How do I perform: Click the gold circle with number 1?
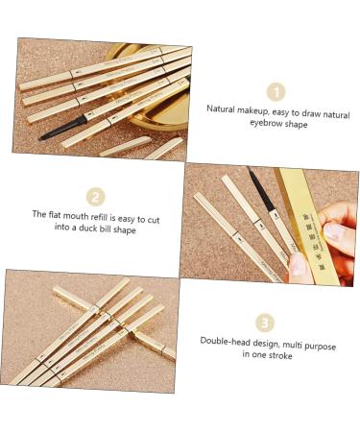tap(276, 91)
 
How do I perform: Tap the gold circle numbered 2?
tap(95, 196)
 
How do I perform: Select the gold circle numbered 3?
tap(265, 323)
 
